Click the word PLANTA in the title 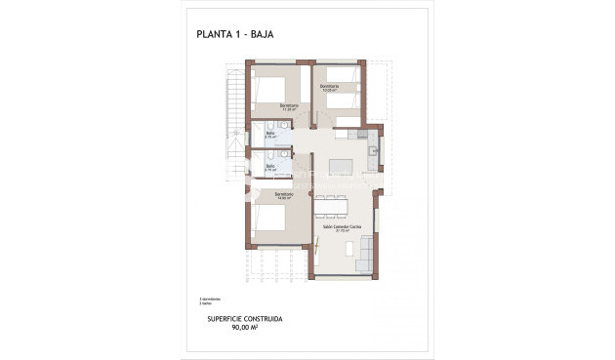coord(214,35)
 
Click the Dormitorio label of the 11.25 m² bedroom coord(288,105)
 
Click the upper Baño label coord(270,134)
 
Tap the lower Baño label coord(270,165)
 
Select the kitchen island coord(342,165)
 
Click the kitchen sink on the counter coord(372,151)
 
